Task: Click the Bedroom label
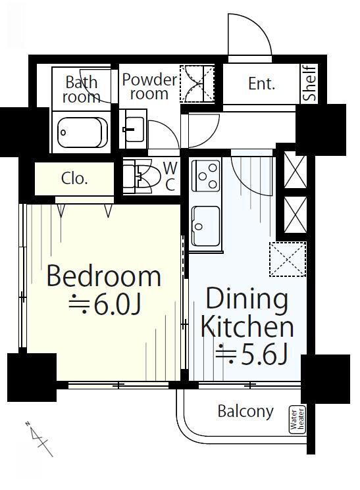point(104,276)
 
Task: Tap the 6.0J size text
point(105,304)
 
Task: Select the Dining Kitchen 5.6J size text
point(252,356)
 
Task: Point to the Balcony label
point(245,411)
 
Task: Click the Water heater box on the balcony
point(297,420)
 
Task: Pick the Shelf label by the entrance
point(310,83)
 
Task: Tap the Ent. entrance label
point(261,84)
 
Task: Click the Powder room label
point(149,87)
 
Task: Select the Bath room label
point(82,89)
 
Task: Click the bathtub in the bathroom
point(82,132)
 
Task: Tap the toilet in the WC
point(141,176)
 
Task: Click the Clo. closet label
point(74,179)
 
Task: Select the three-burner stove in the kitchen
point(205,176)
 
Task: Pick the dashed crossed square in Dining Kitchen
point(288,259)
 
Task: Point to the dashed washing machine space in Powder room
point(197,84)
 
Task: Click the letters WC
point(170,176)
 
